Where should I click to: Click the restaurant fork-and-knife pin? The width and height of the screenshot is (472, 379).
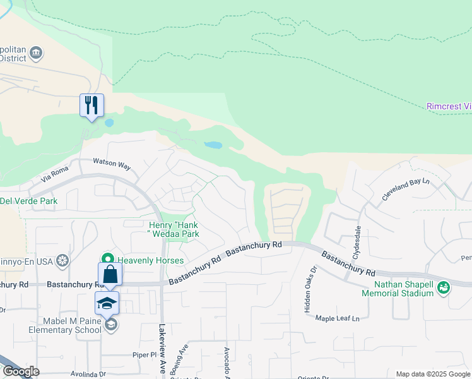pos(91,105)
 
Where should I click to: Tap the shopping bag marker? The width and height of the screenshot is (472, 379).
pos(110,274)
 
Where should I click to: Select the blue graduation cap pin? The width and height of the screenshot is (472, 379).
pos(107,303)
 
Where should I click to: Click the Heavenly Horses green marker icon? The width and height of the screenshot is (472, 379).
pos(108,260)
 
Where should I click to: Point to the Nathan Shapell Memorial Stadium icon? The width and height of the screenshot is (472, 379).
pos(444,287)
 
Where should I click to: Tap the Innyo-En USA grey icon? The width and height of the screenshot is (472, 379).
pos(62,260)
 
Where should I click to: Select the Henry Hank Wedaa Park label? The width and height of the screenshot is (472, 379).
pos(174,229)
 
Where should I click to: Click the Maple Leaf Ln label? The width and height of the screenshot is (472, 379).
pos(341,318)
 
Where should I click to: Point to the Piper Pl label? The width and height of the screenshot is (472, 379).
pos(145,355)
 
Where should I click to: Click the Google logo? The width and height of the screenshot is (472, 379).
pos(21,372)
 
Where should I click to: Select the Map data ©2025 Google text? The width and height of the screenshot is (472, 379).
pos(432,374)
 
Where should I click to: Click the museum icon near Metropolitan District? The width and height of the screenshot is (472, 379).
pos(36,52)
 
